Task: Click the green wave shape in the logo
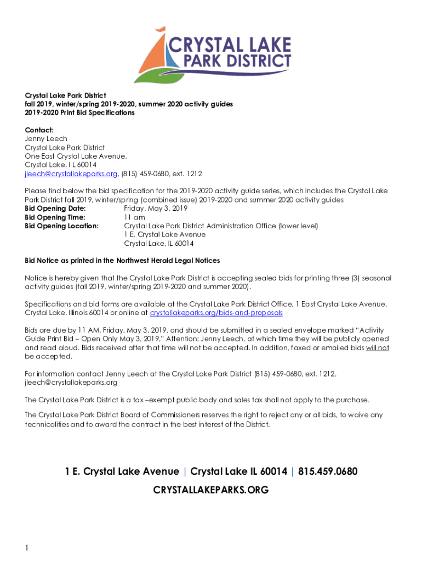coord(157,75)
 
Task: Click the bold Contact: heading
coord(39,130)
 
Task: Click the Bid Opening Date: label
coord(55,209)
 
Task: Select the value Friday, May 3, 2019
coord(156,209)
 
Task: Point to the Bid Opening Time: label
coord(55,217)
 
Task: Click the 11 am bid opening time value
coord(135,217)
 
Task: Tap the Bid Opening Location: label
coord(62,226)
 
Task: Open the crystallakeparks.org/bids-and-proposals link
coord(216,313)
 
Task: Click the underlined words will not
coord(378,348)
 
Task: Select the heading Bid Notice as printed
coord(122,261)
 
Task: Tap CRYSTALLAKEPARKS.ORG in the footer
coord(211,490)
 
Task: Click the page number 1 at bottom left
coord(26,548)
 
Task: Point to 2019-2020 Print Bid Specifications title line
coord(79,113)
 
